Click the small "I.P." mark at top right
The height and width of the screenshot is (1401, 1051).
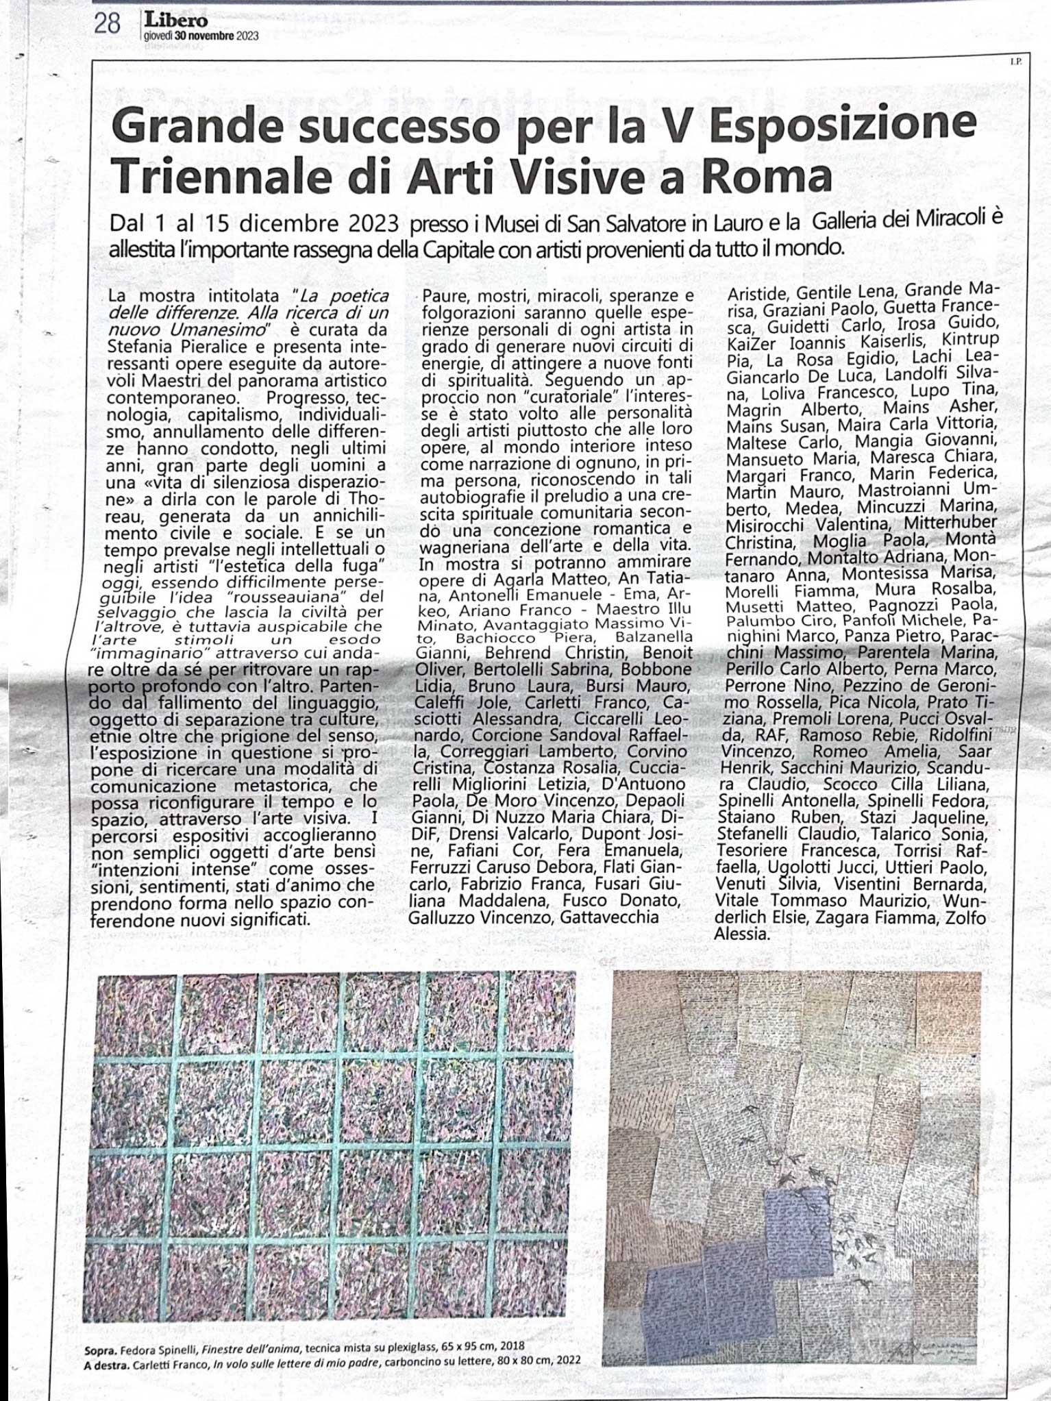(1015, 62)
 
